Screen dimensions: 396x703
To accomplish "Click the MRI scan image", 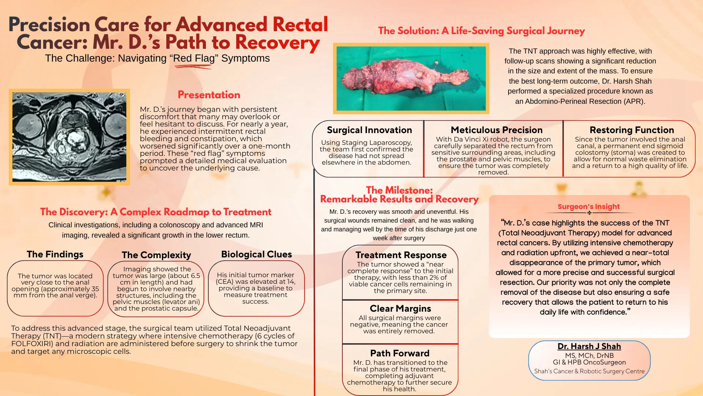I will (x=69, y=137).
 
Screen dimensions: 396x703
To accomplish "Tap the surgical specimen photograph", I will (x=411, y=78).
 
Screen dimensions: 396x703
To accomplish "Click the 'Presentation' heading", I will (x=209, y=95).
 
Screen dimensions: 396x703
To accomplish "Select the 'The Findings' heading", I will (x=55, y=254).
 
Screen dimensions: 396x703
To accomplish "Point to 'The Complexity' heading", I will (x=156, y=255).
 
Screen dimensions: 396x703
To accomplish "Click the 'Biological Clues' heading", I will (x=256, y=254).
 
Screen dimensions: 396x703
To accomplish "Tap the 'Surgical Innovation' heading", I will (x=369, y=130).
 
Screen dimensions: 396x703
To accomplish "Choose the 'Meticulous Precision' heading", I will (x=496, y=130).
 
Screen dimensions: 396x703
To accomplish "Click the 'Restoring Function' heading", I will (x=632, y=130).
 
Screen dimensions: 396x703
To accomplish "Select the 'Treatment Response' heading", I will (x=401, y=255).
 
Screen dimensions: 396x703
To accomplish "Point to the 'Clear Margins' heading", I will (x=400, y=308).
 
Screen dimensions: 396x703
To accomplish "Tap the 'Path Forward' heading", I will (x=399, y=353).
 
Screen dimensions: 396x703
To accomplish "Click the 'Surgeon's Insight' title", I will (x=588, y=206).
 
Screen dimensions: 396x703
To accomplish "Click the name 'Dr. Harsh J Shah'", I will (x=589, y=346).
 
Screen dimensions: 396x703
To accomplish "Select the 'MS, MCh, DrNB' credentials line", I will (x=589, y=355).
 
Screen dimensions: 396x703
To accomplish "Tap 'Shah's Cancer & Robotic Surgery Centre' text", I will (x=589, y=371).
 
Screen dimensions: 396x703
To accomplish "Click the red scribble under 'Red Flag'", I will (x=193, y=67).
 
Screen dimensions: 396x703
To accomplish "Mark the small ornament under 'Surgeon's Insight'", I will (x=589, y=213).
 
